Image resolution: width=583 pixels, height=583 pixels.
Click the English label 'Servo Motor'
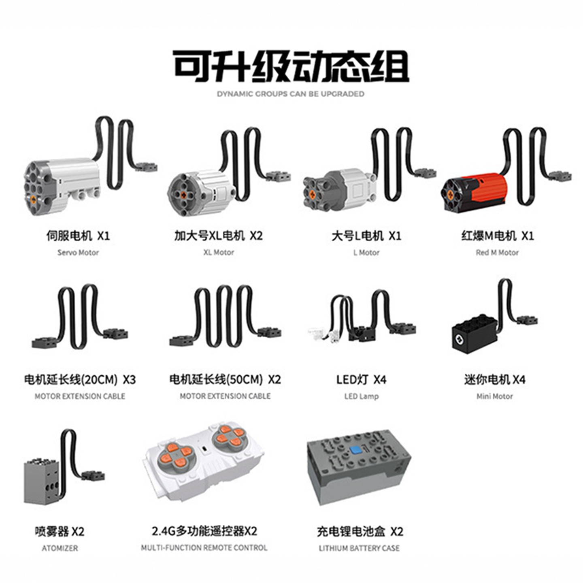[78, 253]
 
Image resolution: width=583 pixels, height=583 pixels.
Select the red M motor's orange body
[488, 189]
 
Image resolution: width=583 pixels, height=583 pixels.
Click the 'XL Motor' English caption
[219, 252]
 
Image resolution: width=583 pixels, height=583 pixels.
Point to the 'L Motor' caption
[366, 253]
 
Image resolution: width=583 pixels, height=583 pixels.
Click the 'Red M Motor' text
[497, 253]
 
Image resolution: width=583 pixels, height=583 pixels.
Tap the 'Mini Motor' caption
[494, 396]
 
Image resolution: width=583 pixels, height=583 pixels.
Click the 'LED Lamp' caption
[362, 396]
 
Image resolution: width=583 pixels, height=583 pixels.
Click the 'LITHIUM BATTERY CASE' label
[359, 548]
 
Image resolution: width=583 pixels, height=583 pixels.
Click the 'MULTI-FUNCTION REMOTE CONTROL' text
[204, 548]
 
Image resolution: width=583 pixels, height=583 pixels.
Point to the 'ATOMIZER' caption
[60, 548]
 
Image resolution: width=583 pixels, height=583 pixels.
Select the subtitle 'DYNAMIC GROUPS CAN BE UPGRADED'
[291, 94]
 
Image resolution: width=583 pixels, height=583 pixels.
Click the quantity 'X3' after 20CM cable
[129, 380]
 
